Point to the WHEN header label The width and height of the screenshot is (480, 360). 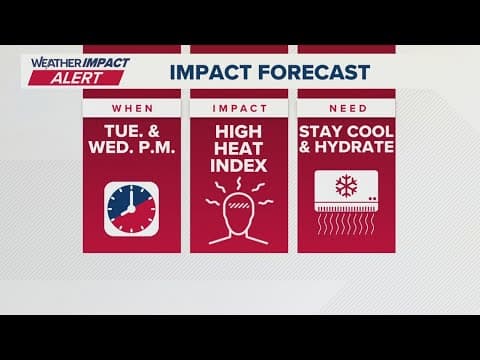pos(132,107)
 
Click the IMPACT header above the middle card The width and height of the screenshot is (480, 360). pos(240,107)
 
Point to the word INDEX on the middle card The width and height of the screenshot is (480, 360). pos(240,165)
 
